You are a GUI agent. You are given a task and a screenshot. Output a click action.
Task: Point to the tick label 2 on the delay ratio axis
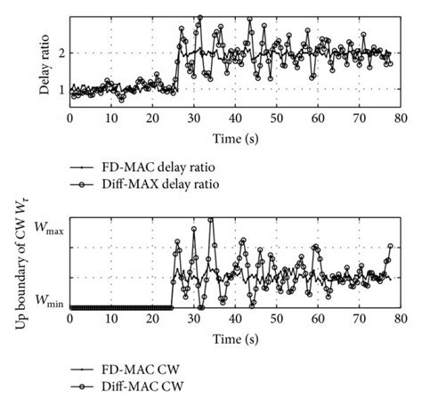tap(61, 53)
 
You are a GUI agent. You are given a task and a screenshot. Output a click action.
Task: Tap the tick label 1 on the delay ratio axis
tap(61, 90)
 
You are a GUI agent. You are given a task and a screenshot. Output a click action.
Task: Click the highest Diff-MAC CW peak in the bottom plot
tap(211, 219)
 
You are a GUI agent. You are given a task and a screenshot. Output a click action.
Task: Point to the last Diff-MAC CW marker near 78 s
tap(390, 247)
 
